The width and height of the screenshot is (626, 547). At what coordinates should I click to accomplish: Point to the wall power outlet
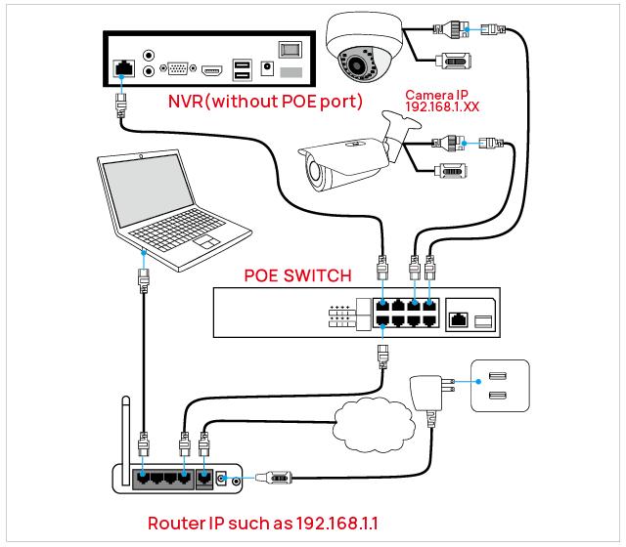click(x=499, y=382)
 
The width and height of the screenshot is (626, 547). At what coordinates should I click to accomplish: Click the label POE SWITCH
click(x=297, y=275)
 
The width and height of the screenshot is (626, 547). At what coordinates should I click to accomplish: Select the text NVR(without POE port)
click(x=264, y=101)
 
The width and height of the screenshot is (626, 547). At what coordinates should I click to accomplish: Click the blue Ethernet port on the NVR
click(x=124, y=66)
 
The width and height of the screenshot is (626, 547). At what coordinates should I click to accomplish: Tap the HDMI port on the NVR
click(x=212, y=69)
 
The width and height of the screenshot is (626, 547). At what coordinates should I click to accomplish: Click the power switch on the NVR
click(x=288, y=49)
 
